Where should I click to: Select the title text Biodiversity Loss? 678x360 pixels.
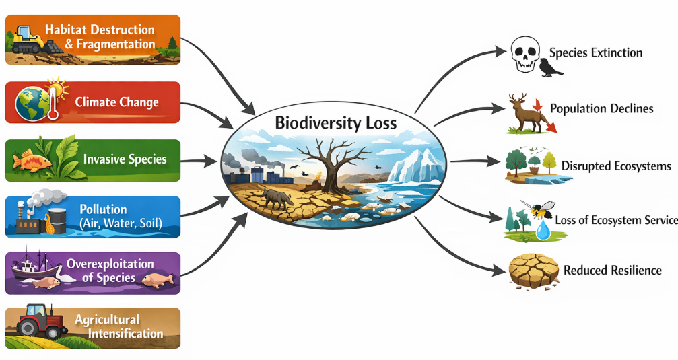(x=335, y=123)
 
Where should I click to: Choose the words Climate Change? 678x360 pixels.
(x=117, y=103)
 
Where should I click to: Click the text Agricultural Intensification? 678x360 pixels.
(x=118, y=326)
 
